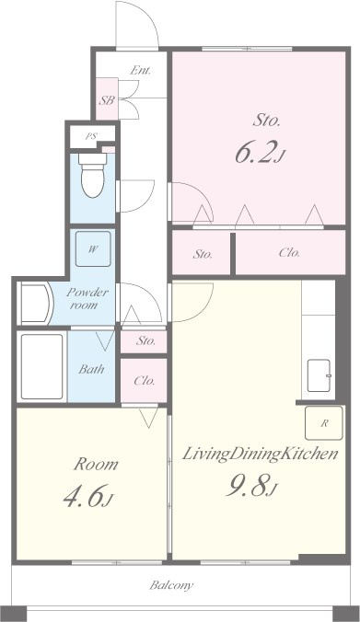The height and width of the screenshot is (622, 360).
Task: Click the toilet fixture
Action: tap(92, 176)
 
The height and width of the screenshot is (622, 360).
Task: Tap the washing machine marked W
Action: tap(93, 248)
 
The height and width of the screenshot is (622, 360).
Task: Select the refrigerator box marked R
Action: tap(323, 423)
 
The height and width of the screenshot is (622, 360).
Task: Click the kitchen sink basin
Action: tap(319, 375)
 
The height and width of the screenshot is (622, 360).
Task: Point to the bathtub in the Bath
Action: tap(41, 366)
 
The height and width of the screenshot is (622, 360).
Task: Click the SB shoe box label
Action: tap(107, 100)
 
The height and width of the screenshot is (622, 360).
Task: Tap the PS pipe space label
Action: tap(91, 136)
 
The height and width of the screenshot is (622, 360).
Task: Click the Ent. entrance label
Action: tap(141, 71)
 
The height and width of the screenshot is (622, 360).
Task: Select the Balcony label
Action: tap(171, 585)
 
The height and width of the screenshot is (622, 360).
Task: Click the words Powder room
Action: tap(87, 299)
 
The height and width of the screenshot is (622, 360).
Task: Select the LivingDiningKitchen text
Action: tap(260, 454)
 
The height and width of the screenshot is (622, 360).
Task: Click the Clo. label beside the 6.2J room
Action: tap(289, 253)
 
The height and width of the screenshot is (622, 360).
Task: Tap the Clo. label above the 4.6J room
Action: tap(144, 381)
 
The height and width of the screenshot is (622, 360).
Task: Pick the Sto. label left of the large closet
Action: tap(203, 254)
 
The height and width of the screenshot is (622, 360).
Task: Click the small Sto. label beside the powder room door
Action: tap(145, 340)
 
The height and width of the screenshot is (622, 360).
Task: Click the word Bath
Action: tap(91, 369)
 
